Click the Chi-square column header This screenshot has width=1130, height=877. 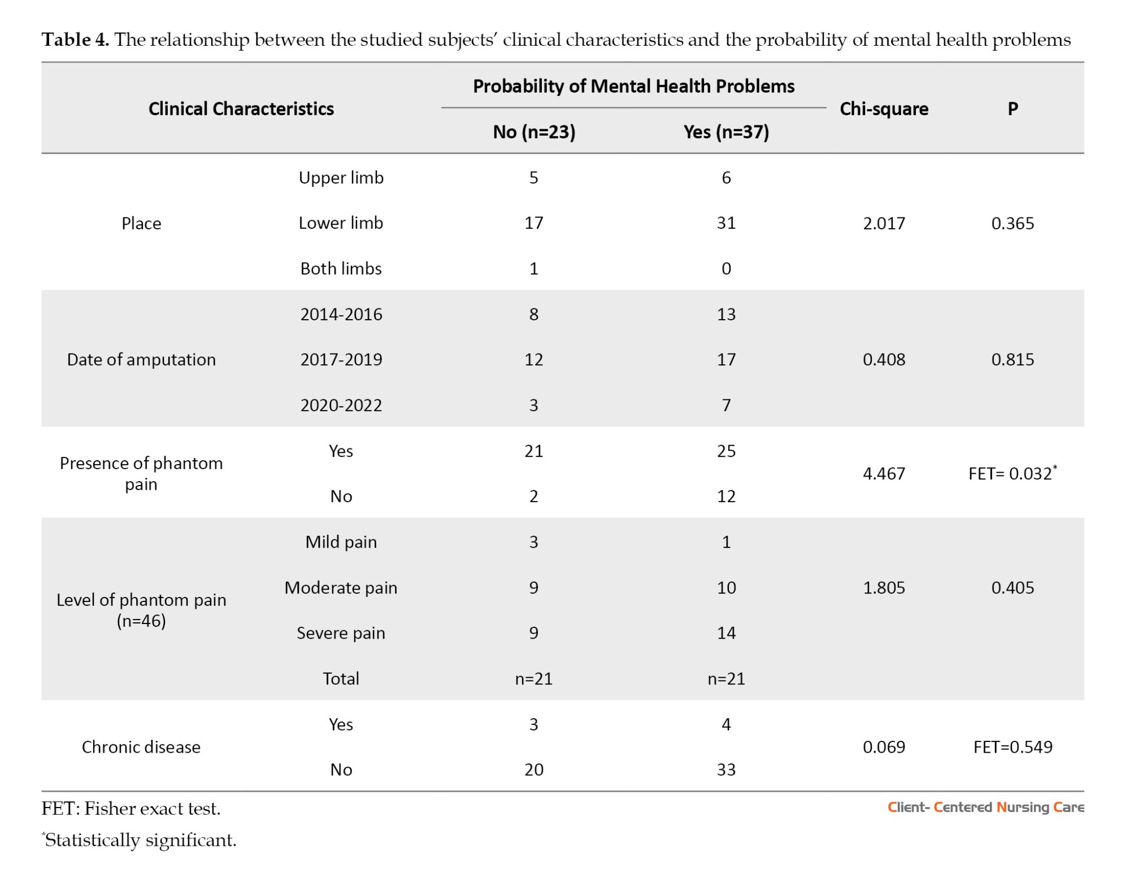tap(884, 108)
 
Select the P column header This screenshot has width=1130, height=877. tap(1013, 108)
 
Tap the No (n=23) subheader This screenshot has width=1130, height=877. tap(534, 132)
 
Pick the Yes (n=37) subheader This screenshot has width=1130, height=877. tap(726, 132)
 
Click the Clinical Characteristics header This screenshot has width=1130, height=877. tap(241, 108)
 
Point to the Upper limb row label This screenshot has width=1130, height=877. tap(341, 177)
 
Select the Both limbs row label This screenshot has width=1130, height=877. tap(341, 268)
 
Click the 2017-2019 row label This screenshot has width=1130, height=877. tap(341, 359)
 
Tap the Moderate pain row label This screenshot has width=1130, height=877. tap(341, 587)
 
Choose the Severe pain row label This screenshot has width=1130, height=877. tap(341, 633)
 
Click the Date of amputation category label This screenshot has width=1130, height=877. tap(141, 360)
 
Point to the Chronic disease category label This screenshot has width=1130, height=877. tap(141, 747)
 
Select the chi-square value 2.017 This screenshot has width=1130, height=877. tap(884, 223)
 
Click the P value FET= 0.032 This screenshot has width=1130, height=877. tap(1012, 473)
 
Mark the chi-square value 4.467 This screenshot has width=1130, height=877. tap(884, 473)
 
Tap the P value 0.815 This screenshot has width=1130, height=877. tap(1012, 359)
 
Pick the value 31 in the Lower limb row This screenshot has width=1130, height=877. tap(726, 223)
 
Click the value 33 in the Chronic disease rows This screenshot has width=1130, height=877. tap(726, 770)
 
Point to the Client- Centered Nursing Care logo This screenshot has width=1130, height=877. tap(985, 807)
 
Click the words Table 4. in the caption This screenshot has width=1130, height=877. tap(75, 40)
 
